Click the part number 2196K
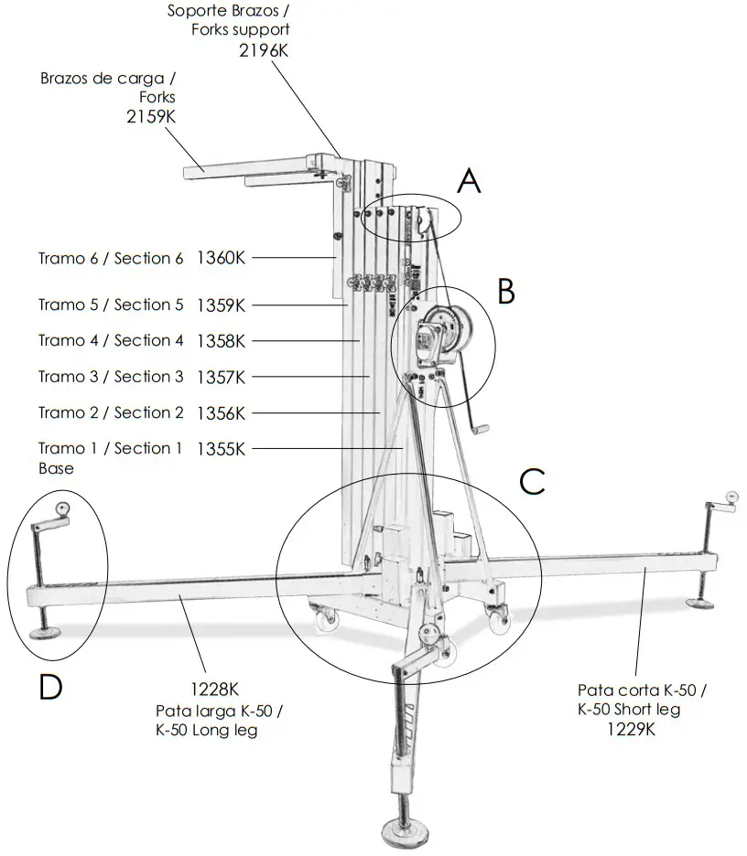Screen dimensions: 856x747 [x=264, y=50]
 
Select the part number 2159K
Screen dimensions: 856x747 [x=152, y=116]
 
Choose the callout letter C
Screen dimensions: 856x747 [x=532, y=481]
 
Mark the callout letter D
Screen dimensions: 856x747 [x=51, y=686]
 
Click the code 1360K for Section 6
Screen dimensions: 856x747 [x=221, y=259]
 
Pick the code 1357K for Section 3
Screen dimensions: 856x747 [x=221, y=377]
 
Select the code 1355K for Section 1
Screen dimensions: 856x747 [x=221, y=449]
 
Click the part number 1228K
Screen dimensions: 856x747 [x=218, y=689]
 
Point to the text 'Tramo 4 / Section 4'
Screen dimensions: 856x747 [x=111, y=341]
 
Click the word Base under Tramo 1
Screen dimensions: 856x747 [x=56, y=468]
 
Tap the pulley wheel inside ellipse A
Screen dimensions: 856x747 [x=423, y=220]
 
